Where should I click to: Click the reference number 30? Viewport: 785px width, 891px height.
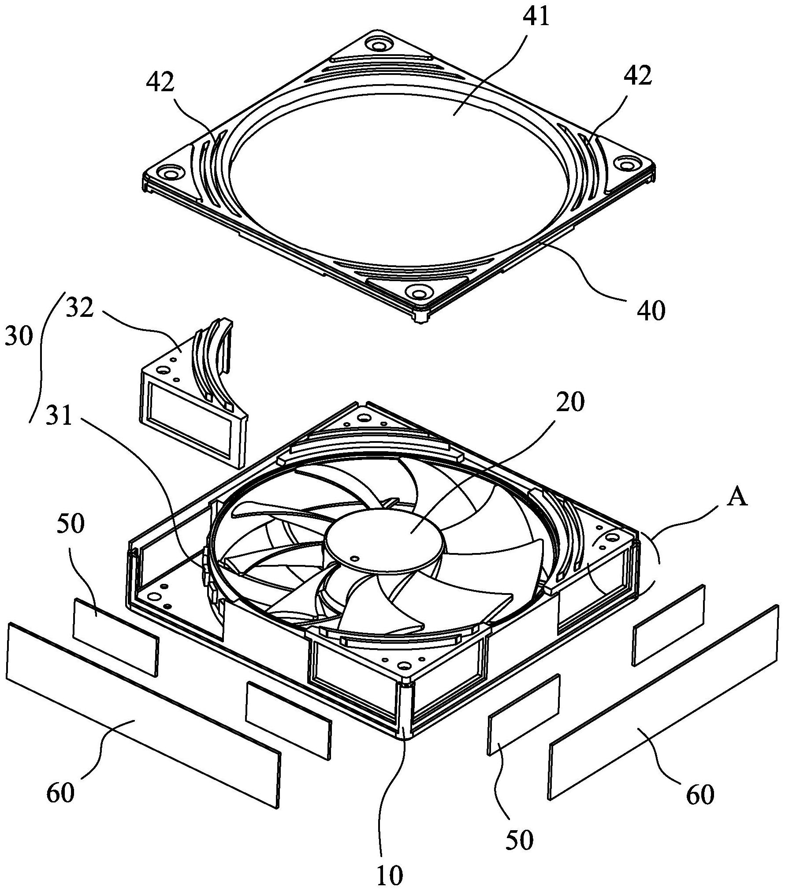(19, 337)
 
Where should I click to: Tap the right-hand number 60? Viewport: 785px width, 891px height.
(700, 795)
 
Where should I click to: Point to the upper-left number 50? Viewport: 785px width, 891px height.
(70, 525)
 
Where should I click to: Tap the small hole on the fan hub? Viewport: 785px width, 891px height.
(353, 558)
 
